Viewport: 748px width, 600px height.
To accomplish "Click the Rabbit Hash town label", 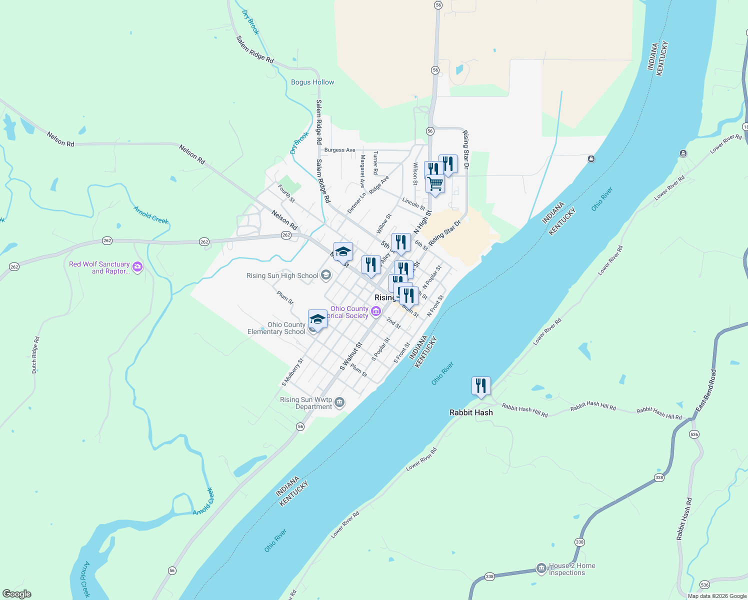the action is tap(471, 412).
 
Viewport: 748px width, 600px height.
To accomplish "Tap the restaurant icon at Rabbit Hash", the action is tap(481, 386).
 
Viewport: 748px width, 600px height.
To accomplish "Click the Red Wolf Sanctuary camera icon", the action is tap(137, 267).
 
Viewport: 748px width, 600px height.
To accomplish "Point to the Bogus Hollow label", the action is tap(312, 82).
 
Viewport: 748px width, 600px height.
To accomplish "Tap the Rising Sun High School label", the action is tap(282, 275).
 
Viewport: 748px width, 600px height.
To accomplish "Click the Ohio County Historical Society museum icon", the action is tap(376, 312).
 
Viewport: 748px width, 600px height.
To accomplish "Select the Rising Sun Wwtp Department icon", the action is tap(339, 402).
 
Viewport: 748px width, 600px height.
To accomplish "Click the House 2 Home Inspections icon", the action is tap(541, 568).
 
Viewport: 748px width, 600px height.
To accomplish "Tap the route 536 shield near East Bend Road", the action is tap(694, 434).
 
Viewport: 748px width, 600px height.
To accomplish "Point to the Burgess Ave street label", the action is tap(340, 150).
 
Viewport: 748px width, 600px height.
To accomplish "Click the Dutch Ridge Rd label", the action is tap(35, 355).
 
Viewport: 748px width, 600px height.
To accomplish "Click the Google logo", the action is tap(17, 594).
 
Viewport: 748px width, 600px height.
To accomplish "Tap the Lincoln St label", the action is tap(413, 203).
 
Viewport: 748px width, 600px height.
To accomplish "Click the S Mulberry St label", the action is tap(293, 372).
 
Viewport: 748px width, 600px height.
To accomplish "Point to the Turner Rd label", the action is tap(375, 163).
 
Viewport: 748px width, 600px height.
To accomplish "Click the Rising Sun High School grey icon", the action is tap(326, 275).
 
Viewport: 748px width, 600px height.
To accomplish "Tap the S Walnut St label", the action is tap(351, 356).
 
